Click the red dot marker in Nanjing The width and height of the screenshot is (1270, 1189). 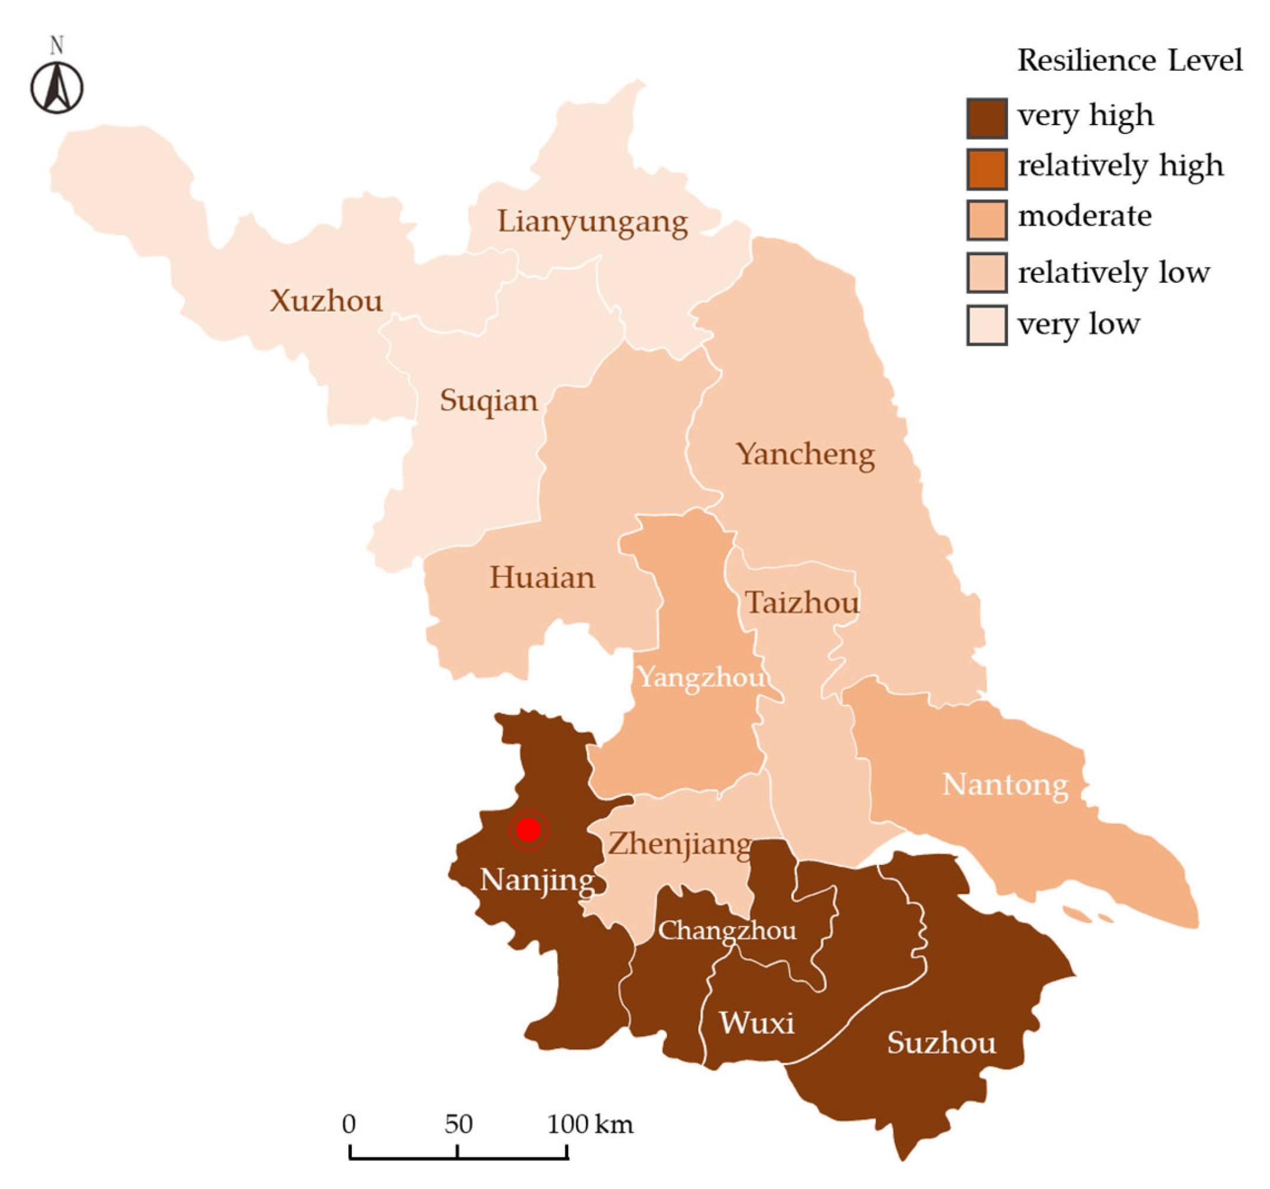(528, 829)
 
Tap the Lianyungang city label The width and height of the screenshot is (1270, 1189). (592, 222)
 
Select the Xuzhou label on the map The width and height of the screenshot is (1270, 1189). (326, 300)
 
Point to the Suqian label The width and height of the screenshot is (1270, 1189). (489, 401)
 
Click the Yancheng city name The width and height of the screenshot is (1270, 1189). (805, 453)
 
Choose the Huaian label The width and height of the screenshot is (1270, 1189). (542, 577)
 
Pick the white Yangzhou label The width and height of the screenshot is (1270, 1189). (702, 677)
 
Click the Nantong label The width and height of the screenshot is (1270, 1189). (1005, 785)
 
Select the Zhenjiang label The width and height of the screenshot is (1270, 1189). (680, 844)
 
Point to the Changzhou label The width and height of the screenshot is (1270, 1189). (727, 930)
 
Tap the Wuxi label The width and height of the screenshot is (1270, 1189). (757, 1023)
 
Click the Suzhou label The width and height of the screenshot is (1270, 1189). (941, 1043)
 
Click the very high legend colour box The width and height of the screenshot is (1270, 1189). (986, 118)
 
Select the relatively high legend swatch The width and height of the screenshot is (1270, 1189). (986, 169)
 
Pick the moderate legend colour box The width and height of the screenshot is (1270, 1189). (986, 220)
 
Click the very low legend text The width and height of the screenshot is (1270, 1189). (1078, 325)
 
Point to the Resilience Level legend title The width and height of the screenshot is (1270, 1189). (1129, 61)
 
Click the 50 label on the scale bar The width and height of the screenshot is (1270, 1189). (458, 1124)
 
